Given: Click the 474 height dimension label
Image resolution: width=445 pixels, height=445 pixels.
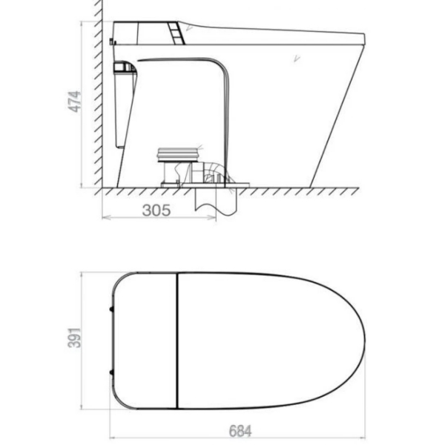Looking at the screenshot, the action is [x=74, y=102].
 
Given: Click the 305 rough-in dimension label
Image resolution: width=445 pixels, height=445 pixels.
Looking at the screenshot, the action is [x=156, y=211].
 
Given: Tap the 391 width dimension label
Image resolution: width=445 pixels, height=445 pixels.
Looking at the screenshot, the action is [x=74, y=337].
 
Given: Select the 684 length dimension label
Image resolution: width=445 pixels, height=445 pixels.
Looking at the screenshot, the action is [x=240, y=431].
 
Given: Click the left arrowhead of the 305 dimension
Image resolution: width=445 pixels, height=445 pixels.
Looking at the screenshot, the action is [x=106, y=217].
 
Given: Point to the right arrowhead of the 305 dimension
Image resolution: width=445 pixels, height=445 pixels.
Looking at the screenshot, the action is [x=212, y=217].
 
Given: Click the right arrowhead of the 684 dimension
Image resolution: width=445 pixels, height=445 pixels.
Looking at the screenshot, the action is [x=361, y=438].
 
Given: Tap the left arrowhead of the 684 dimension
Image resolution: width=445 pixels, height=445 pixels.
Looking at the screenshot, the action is [x=113, y=438].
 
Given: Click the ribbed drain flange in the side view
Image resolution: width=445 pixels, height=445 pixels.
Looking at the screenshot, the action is [x=178, y=155].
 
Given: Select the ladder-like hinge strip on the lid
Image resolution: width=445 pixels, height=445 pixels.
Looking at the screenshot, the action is [x=177, y=33].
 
